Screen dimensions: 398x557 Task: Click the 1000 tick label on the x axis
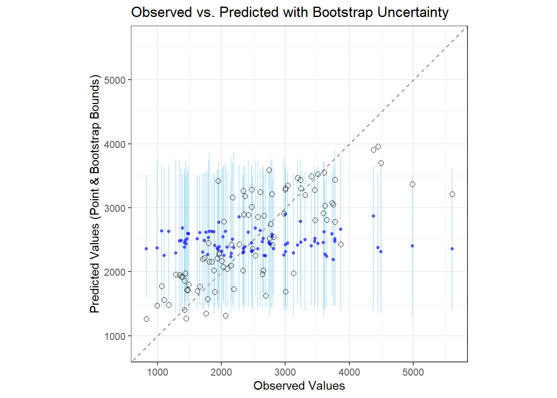tap(157, 372)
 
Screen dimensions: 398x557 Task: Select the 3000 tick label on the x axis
tap(285, 372)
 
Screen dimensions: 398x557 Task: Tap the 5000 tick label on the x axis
tap(413, 372)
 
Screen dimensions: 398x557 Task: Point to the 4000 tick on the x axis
tap(349, 372)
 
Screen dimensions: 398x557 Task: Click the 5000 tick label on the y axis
tap(115, 80)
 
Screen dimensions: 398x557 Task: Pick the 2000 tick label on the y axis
tap(115, 272)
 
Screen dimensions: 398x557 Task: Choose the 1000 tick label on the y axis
tap(115, 336)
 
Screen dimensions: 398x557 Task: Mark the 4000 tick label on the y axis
tap(115, 144)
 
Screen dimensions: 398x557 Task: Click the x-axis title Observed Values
tap(299, 386)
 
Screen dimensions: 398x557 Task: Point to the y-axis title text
tap(95, 194)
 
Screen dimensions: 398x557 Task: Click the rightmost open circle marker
tap(452, 194)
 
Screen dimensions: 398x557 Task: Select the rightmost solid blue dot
tap(452, 249)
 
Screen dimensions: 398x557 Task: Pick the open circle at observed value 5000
tap(412, 184)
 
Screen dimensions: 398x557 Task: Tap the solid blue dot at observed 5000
tap(412, 246)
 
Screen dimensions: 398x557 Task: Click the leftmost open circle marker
tap(146, 319)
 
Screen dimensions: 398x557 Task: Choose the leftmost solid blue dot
tap(146, 249)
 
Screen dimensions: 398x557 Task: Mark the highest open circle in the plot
tap(378, 146)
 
